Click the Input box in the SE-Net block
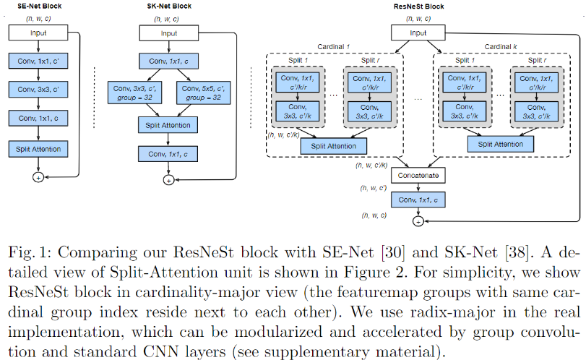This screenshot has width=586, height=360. click(38, 33)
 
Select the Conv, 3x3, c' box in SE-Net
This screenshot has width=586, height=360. click(38, 90)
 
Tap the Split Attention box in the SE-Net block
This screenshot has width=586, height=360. click(38, 149)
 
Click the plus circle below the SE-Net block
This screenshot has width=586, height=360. click(38, 176)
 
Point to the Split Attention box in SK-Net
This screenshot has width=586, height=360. click(168, 125)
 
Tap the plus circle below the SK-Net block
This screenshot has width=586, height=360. click(168, 180)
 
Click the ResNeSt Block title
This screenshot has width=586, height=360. click(417, 6)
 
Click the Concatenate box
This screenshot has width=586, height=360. click(417, 176)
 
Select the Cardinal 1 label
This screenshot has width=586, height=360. click(332, 46)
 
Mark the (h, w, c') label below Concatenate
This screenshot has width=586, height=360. click(374, 188)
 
